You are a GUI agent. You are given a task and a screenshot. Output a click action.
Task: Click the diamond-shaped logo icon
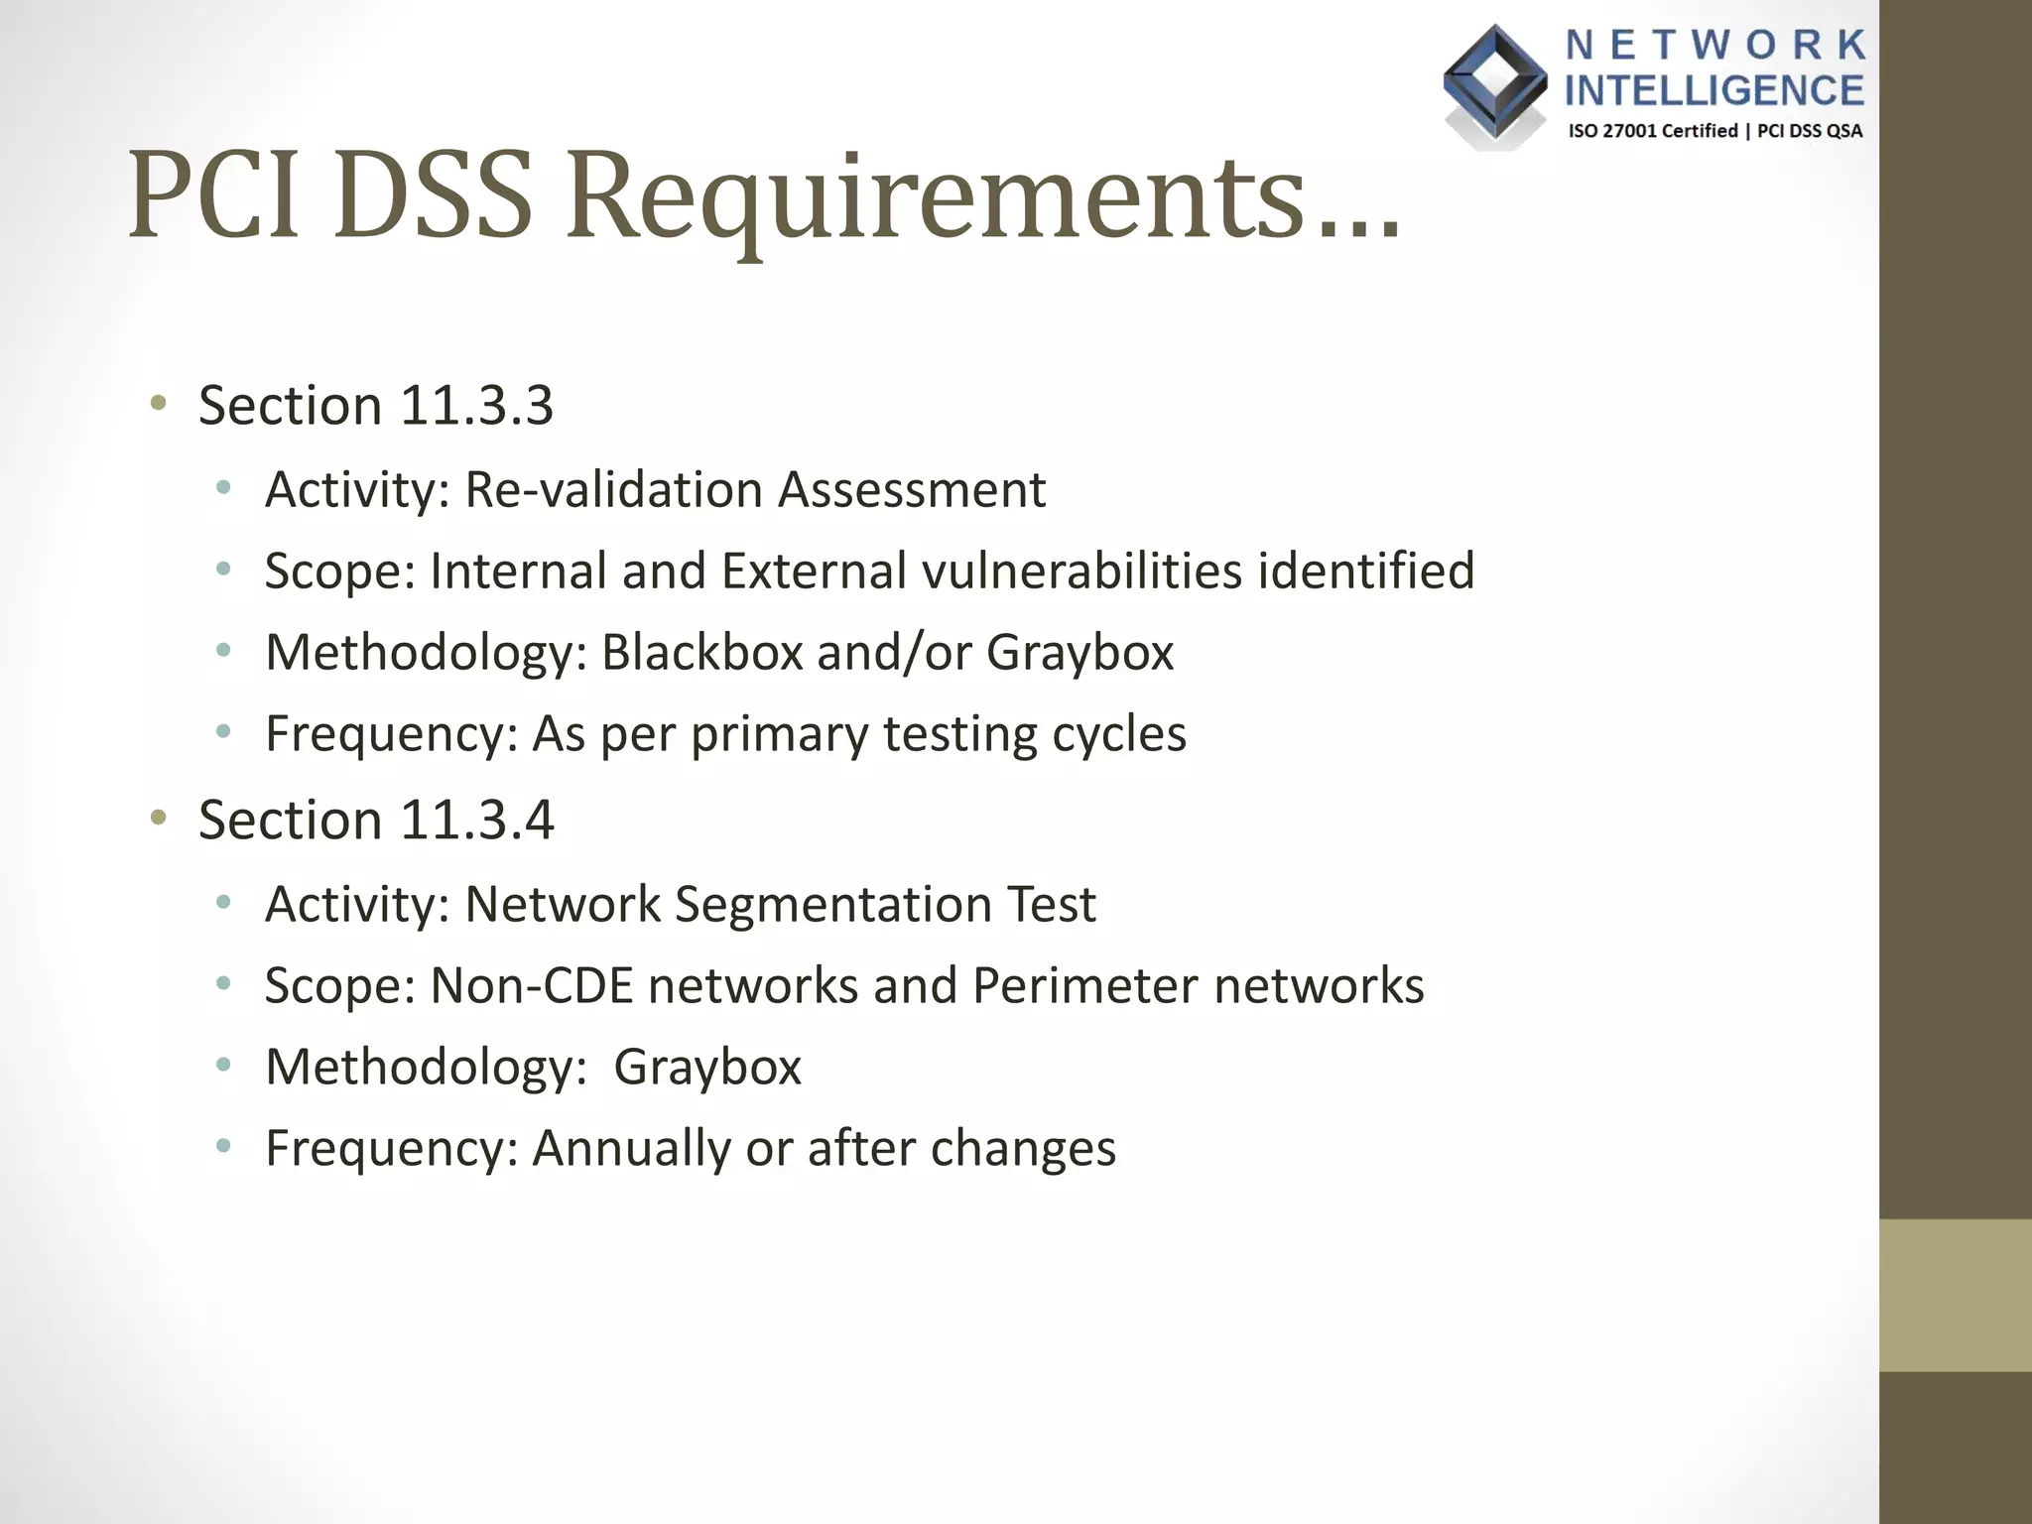1495,84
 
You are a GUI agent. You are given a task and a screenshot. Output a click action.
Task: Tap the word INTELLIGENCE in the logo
1714,90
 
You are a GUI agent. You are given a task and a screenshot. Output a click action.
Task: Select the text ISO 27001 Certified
1652,131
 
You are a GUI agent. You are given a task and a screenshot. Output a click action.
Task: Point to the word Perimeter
1085,986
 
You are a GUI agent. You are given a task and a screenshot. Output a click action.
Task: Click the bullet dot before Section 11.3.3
158,403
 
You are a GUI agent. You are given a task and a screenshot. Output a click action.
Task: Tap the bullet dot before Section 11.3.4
158,818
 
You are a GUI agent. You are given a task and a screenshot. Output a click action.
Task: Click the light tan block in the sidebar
1955,1296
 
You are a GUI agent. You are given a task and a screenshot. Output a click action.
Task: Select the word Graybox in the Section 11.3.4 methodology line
706,1068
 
